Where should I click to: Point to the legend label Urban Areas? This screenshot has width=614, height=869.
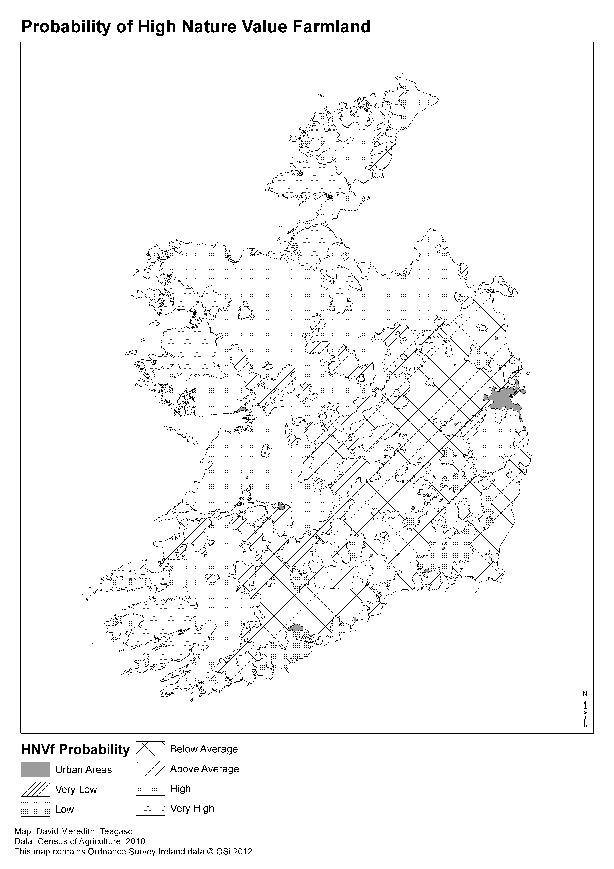click(x=84, y=770)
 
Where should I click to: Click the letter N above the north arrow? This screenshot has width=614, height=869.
click(x=585, y=693)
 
